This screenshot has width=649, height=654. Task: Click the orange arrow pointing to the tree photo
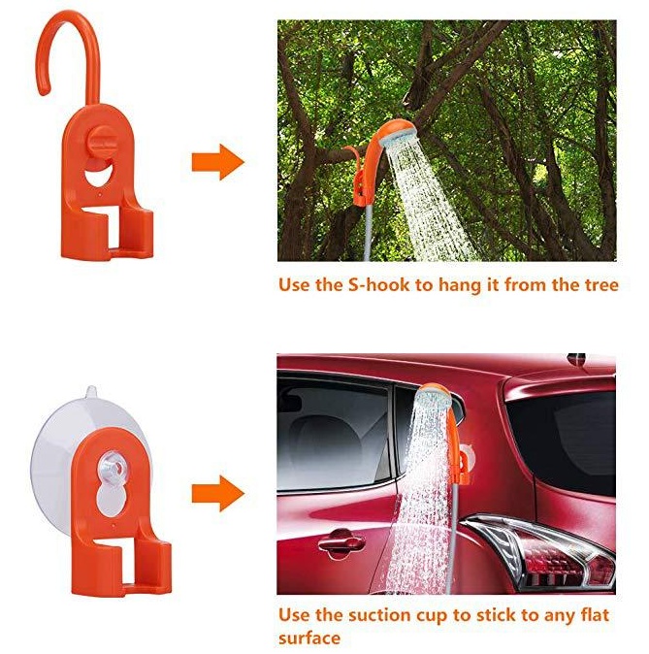[x=217, y=162]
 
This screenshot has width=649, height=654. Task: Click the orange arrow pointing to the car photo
[x=217, y=494]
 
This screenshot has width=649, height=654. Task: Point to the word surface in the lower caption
[x=309, y=638]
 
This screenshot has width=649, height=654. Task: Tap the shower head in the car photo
[x=435, y=397]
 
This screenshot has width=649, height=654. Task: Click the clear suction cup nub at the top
[x=91, y=392]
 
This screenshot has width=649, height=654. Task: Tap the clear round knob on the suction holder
[x=112, y=467]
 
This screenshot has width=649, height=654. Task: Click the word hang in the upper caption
[x=456, y=286]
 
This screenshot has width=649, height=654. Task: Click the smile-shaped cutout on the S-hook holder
[x=99, y=175]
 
